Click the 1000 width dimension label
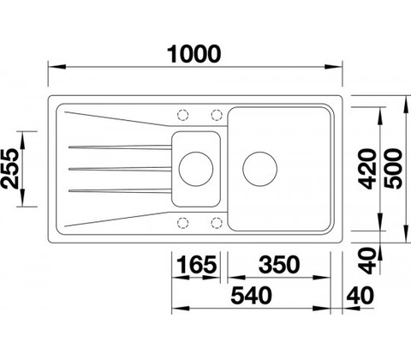194,54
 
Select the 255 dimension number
10,169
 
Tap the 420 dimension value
367,169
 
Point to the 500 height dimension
393,169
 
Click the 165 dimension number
197,264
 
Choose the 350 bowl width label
279,264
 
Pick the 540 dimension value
251,296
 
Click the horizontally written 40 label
360,296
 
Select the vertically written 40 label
367,261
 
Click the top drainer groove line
120,147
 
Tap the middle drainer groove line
120,169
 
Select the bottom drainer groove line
120,190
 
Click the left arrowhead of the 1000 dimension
57,67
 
